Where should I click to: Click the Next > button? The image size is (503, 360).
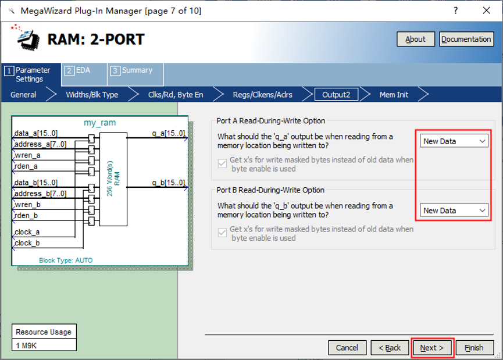tap(432, 348)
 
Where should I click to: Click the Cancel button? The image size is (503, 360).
tap(347, 348)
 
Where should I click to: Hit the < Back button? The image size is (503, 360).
tap(390, 348)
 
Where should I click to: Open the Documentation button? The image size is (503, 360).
tap(466, 39)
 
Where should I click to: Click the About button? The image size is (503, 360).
tap(415, 39)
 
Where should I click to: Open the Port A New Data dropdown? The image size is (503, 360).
tap(454, 141)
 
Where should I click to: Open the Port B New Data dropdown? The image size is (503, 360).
tap(454, 211)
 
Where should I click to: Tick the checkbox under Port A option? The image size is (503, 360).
tap(222, 163)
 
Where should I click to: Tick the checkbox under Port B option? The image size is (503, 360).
tap(222, 233)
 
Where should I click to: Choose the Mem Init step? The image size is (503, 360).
tap(394, 95)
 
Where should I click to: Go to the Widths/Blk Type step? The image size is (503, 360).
tap(92, 95)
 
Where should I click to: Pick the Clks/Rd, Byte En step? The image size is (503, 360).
tap(176, 95)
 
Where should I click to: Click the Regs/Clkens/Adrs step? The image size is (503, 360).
tap(262, 95)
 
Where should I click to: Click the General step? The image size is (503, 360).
tap(23, 95)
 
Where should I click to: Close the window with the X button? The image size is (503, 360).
tap(486, 10)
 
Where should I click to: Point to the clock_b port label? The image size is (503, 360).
tap(27, 243)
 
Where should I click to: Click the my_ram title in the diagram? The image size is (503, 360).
tap(100, 123)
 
